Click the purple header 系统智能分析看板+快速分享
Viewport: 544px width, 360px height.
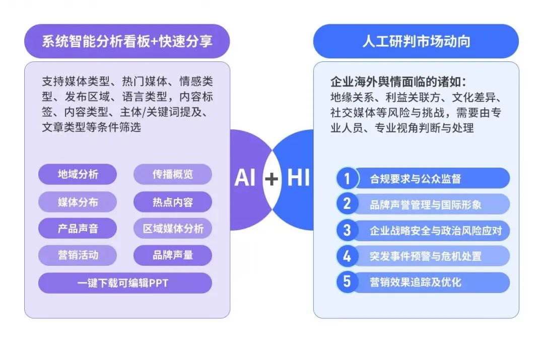[x=127, y=41]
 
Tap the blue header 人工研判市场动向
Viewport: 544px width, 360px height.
[x=416, y=41]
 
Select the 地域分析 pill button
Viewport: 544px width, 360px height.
[x=78, y=174]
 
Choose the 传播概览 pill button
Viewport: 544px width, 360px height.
[x=173, y=174]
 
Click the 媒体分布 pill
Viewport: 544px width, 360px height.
[x=78, y=202]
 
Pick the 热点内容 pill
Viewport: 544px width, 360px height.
[x=173, y=202]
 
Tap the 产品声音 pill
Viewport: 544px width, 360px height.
[x=78, y=229]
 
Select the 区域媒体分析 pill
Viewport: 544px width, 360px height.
[x=173, y=229]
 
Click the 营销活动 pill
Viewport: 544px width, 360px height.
[x=78, y=255]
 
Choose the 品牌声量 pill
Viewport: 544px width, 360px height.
[x=173, y=255]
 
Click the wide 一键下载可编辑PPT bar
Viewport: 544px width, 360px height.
[x=125, y=283]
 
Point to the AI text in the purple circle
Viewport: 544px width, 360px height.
[x=245, y=178]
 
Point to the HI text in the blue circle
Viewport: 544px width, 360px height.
[x=298, y=178]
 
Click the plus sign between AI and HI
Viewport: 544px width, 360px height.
[x=271, y=179]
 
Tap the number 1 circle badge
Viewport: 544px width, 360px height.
[x=347, y=179]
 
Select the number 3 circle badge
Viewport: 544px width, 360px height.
[x=347, y=230]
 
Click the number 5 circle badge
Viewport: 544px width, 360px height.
[x=347, y=282]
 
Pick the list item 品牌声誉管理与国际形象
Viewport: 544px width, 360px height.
[x=426, y=204]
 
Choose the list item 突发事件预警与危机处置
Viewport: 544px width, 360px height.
[x=426, y=256]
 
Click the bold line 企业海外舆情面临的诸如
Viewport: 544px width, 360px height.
[x=398, y=82]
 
